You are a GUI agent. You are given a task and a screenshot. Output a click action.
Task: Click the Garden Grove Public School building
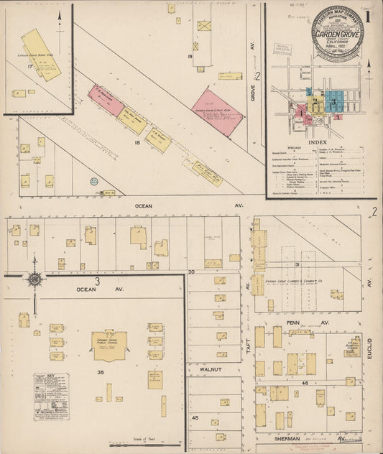click(109, 346)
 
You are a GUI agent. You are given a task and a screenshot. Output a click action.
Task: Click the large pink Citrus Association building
click(217, 112)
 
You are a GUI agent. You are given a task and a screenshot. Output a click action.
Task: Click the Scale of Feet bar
click(141, 445)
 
